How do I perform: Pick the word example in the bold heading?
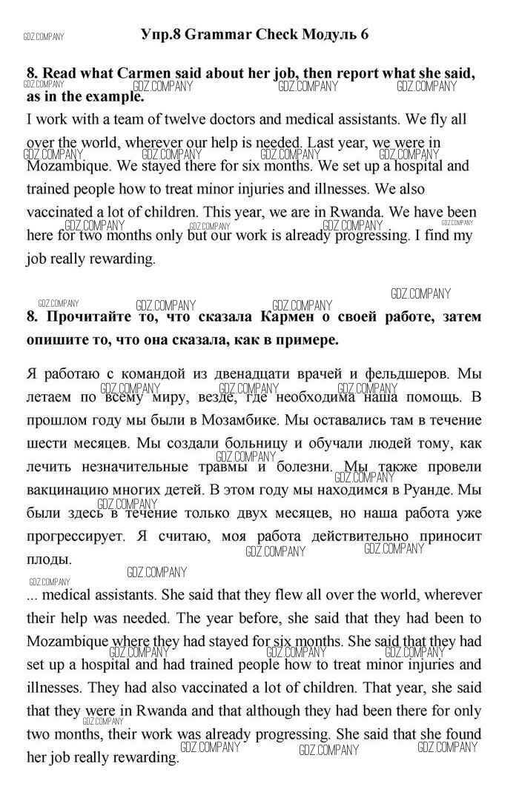(108, 96)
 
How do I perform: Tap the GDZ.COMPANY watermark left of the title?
(44, 36)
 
